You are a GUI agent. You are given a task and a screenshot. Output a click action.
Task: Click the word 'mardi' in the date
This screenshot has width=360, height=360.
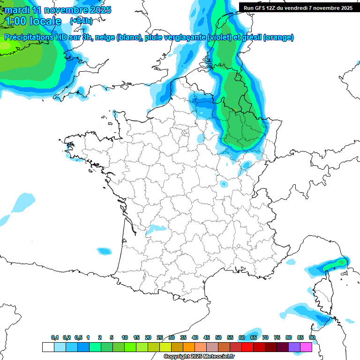point(18,10)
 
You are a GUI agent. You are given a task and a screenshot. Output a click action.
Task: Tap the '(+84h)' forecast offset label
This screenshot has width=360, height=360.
point(81,21)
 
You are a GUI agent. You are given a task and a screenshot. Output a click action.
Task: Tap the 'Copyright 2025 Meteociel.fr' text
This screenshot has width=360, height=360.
point(199,357)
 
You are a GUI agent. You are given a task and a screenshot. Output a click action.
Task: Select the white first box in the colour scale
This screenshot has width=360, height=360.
point(48,347)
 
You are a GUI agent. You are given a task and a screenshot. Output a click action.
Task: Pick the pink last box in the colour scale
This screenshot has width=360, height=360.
point(306,347)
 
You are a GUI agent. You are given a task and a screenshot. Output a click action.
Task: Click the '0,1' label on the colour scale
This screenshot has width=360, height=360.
point(55,338)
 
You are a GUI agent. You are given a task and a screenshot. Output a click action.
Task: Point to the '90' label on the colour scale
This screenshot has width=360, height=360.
point(312,338)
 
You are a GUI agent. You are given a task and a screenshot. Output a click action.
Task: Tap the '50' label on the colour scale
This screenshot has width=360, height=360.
point(218,338)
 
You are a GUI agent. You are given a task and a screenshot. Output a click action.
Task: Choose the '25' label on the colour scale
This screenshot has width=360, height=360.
point(159,338)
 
